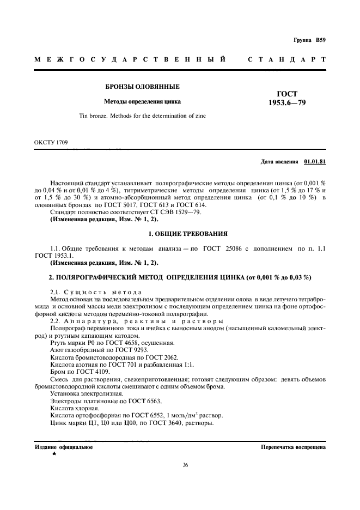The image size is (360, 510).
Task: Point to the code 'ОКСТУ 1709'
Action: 51,143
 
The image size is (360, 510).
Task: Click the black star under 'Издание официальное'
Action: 54,453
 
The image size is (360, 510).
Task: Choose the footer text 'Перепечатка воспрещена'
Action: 294,447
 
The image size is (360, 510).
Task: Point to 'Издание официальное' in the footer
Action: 64,447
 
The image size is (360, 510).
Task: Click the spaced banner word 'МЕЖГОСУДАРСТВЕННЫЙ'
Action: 130,59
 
